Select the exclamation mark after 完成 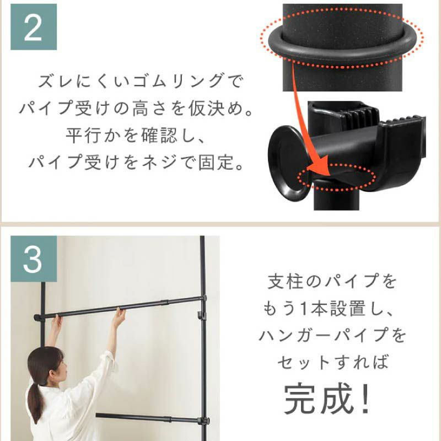364,397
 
